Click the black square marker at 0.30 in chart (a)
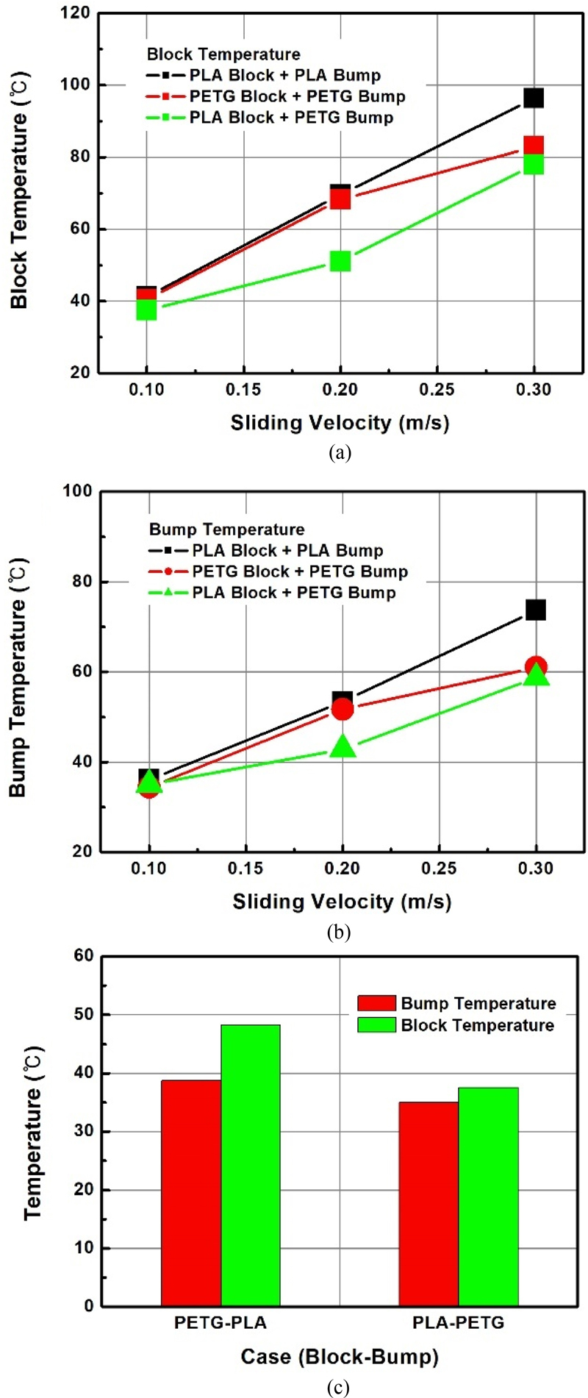[x=534, y=98]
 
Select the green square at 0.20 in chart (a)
[x=340, y=261]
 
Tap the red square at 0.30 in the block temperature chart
[x=534, y=146]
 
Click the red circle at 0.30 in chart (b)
[x=536, y=666]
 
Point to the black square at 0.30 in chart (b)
[x=536, y=610]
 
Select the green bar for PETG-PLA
[x=251, y=1165]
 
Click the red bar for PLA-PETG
[x=429, y=1204]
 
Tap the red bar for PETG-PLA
[x=191, y=1193]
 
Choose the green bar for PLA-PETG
[x=488, y=1196]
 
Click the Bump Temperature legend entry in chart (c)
[x=456, y=1004]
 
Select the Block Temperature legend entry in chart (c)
[x=456, y=1025]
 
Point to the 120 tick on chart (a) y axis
[x=76, y=13]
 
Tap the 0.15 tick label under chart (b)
[x=245, y=869]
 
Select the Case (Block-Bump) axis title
[x=340, y=1357]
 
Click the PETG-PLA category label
[x=220, y=1322]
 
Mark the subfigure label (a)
[x=340, y=452]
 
